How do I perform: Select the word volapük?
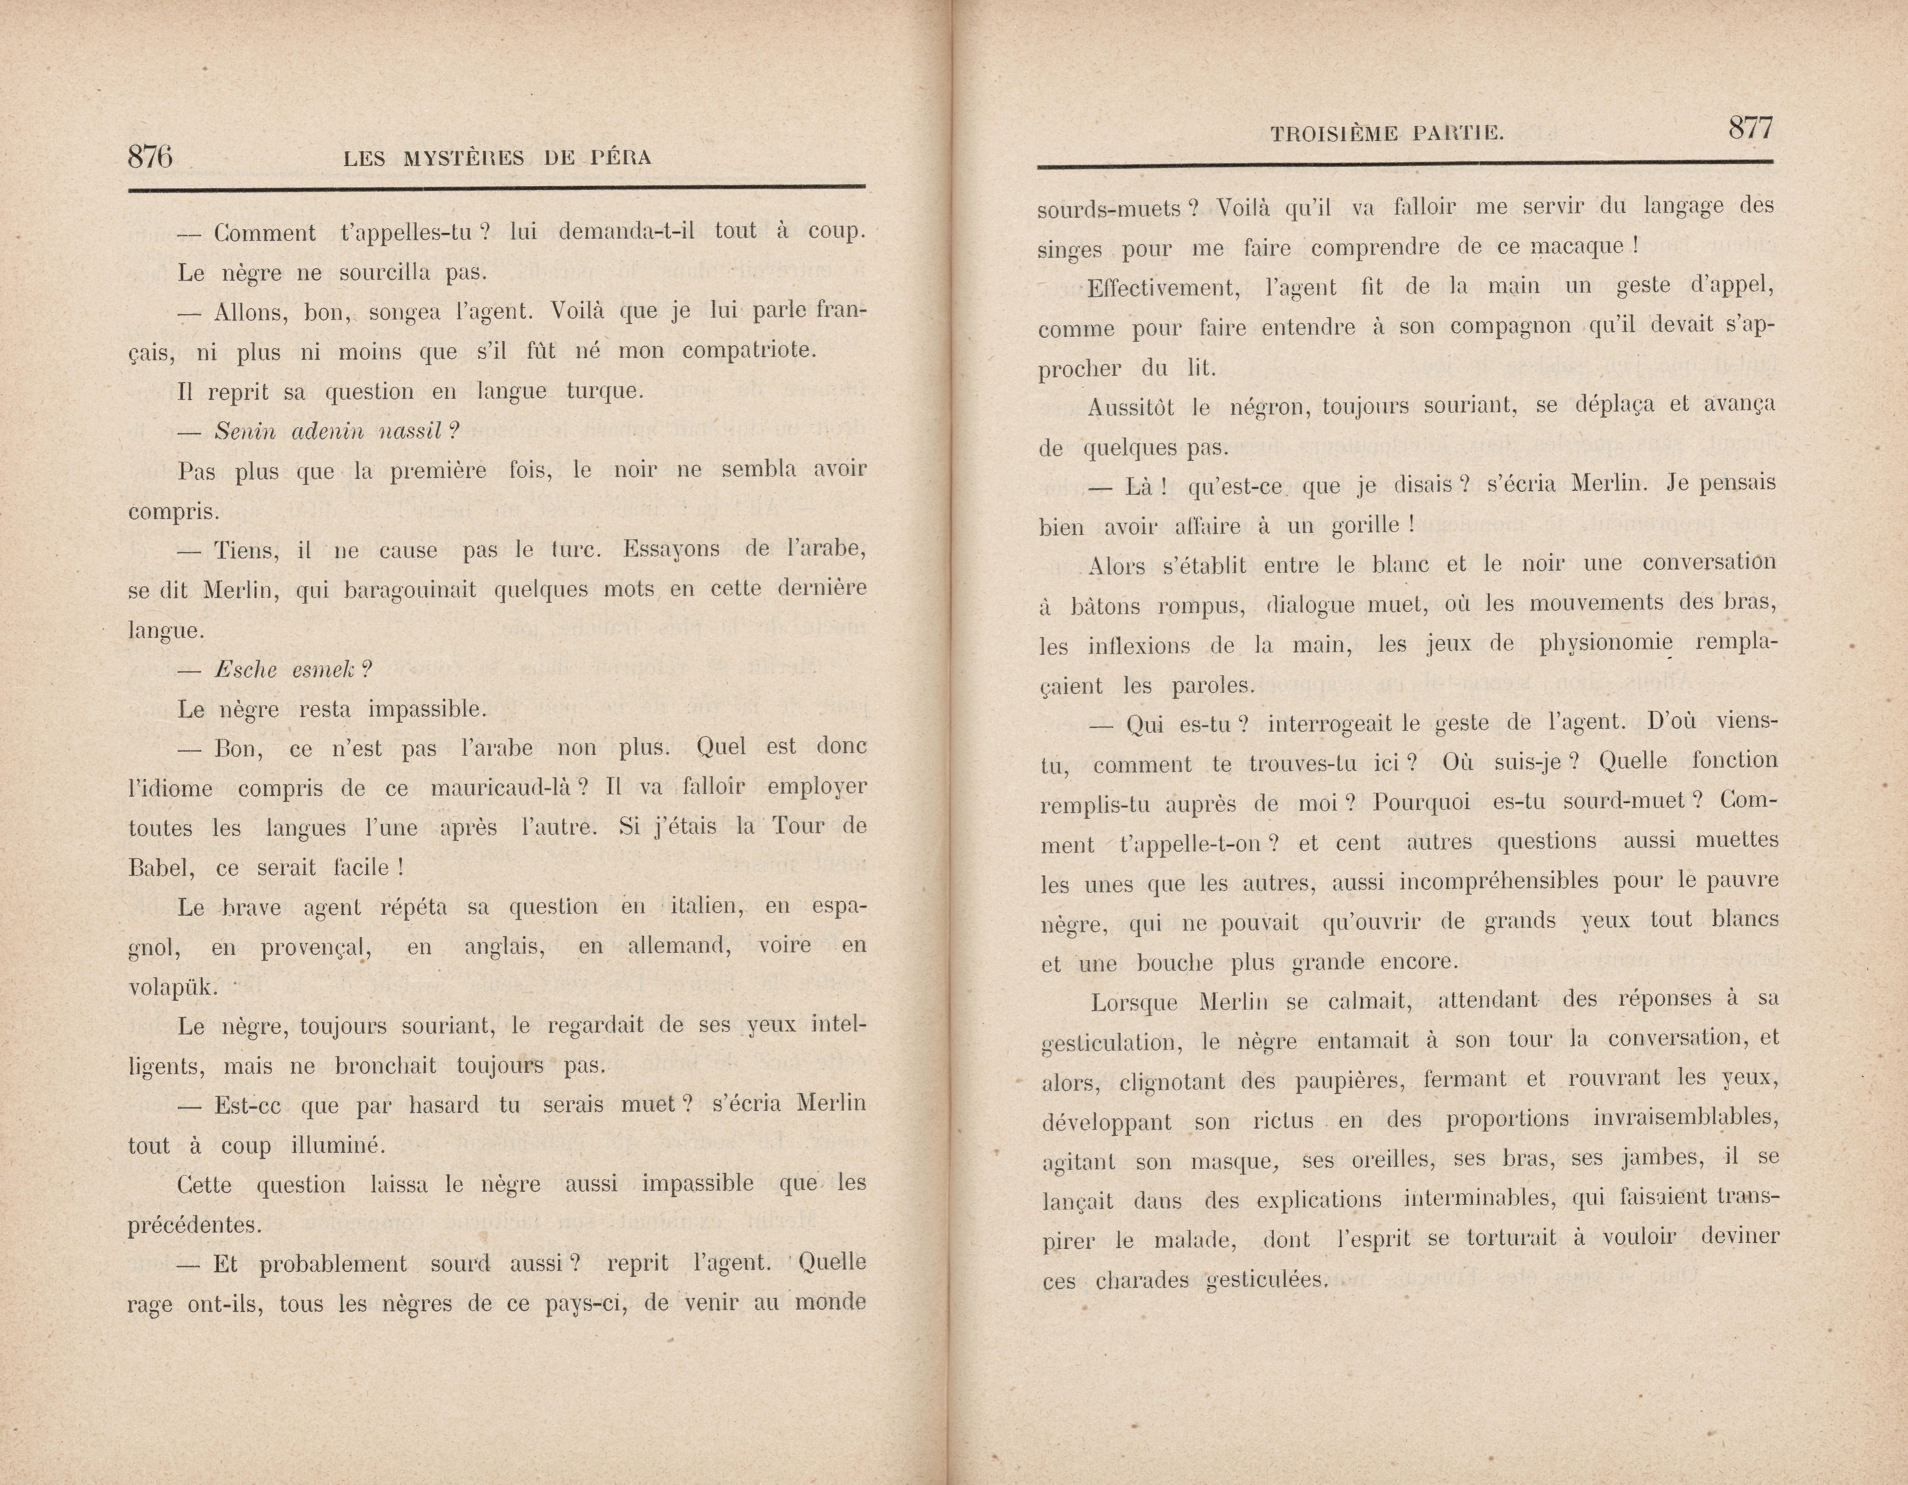[170, 987]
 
